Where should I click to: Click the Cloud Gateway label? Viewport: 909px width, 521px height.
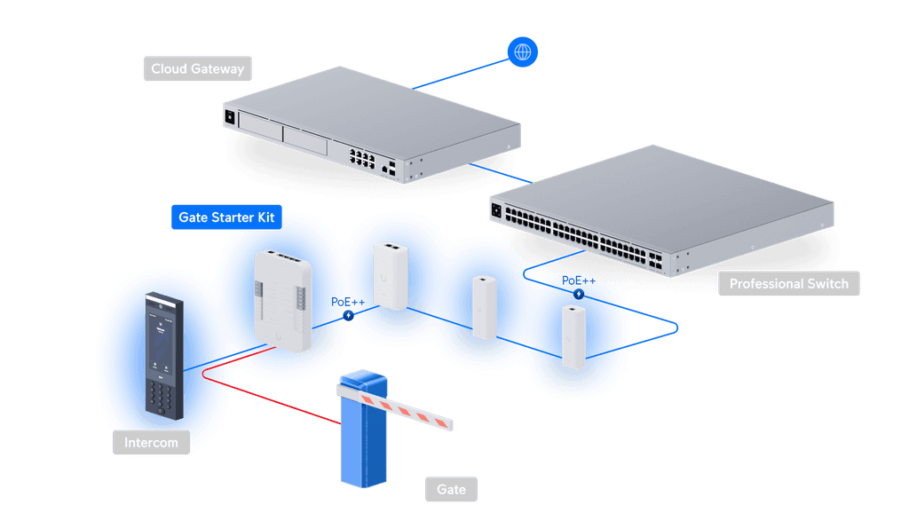[x=197, y=69]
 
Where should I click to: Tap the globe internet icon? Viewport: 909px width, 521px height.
[x=523, y=52]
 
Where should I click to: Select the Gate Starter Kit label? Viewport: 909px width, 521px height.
[x=226, y=217]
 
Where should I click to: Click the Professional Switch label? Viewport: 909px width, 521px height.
[x=788, y=284]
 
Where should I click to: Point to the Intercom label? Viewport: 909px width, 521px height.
[x=151, y=442]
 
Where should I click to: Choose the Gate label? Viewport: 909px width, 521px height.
[x=451, y=489]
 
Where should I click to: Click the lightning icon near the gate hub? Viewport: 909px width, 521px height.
[x=349, y=315]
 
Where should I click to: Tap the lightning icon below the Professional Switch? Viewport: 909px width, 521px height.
[x=580, y=294]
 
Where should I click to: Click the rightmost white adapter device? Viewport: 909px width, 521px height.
[x=574, y=335]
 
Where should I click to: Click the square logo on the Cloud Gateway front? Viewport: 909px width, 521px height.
[x=230, y=116]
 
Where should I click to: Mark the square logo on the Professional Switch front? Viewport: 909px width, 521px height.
[x=495, y=211]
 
